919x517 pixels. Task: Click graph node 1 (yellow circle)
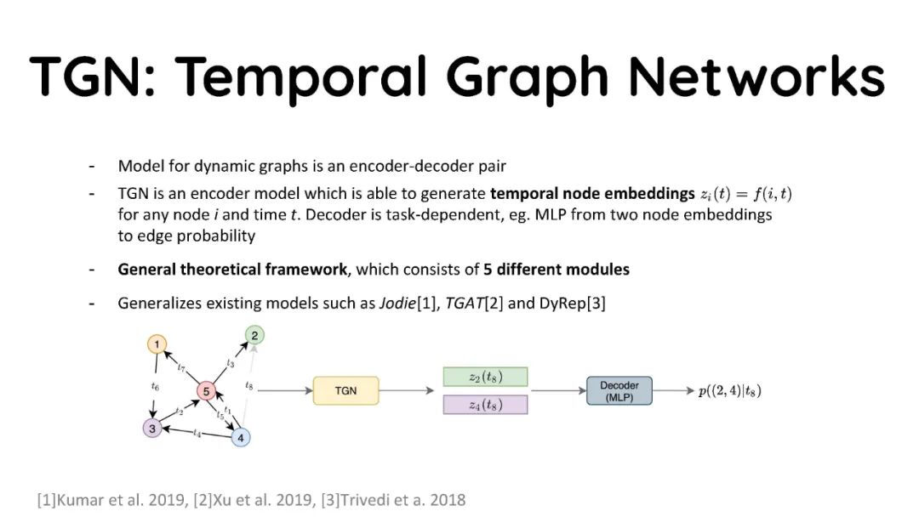157,344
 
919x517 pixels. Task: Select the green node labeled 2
254,334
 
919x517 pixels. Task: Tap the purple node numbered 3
152,428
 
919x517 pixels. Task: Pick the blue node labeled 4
242,438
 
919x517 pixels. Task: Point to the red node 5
206,390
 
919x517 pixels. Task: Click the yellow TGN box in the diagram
345,390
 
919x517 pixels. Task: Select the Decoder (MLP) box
619,391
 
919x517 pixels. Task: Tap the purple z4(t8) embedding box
485,405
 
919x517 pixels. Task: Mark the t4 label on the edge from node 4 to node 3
197,435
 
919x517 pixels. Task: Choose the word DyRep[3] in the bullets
572,304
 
